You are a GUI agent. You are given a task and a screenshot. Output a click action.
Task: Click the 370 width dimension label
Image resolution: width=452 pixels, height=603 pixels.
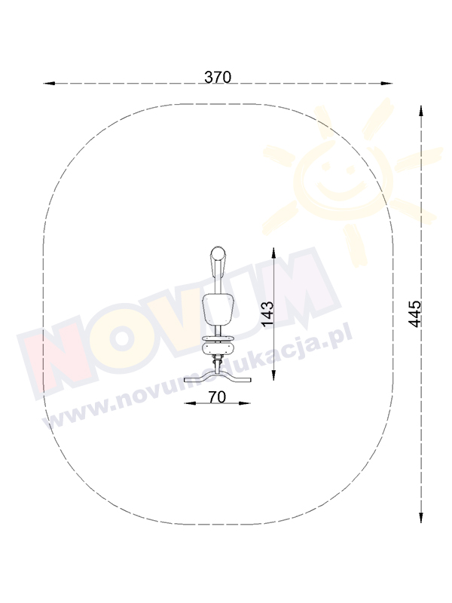(218, 78)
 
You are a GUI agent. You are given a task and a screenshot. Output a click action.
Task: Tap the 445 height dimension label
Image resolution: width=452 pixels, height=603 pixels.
(415, 314)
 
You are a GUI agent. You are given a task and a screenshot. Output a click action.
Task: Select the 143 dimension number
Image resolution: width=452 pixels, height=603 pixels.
(267, 314)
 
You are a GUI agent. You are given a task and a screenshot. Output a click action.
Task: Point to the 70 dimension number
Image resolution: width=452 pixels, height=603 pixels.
(217, 397)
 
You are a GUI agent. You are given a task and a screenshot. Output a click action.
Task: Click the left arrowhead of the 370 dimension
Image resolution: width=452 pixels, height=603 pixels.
(49, 83)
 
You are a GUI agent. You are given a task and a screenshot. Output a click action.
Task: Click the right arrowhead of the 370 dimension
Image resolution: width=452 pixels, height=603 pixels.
(386, 83)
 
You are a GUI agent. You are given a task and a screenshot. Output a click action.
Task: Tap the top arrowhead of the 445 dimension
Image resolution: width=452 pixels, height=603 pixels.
(421, 111)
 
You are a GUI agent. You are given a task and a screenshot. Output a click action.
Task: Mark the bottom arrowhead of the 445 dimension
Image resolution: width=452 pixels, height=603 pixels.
(421, 517)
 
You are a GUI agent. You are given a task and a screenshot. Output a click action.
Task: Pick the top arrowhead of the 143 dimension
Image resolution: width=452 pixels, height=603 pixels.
(273, 253)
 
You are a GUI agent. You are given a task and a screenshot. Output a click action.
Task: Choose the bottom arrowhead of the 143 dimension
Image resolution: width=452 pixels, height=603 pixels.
(273, 375)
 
